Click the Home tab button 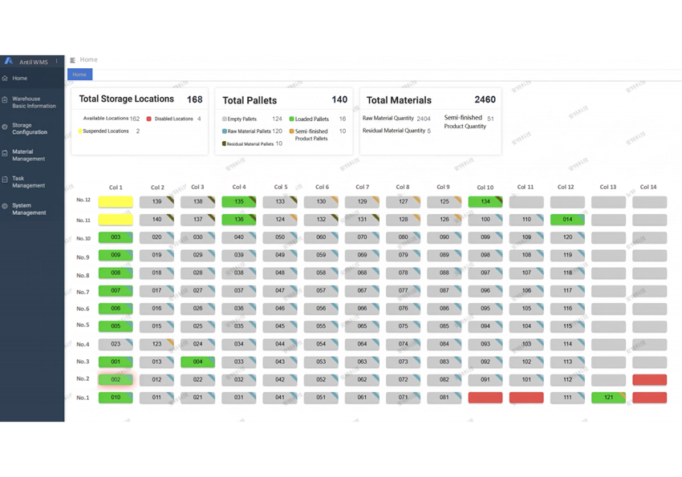[79, 75]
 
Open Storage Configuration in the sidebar [30, 129]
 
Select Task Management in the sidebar [28, 182]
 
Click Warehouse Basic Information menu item [34, 103]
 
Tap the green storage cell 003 [116, 238]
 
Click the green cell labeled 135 [238, 202]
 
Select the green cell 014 [567, 220]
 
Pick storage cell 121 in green [608, 398]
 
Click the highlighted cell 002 [116, 380]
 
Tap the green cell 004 [197, 362]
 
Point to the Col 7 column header [362, 188]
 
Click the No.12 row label [83, 200]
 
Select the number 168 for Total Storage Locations [194, 99]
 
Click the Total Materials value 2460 [485, 100]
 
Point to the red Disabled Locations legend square [149, 119]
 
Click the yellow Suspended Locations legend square [80, 131]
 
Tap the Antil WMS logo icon [9, 61]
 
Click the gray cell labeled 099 [485, 238]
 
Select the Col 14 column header [648, 188]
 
